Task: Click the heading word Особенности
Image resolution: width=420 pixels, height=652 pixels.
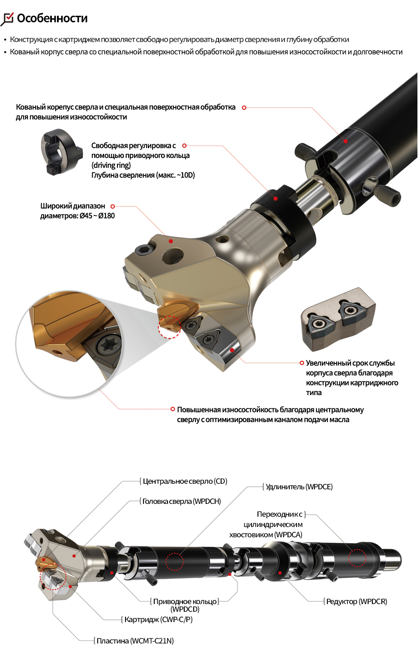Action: pos(52,18)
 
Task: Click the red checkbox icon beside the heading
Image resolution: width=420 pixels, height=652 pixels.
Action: pos(7,19)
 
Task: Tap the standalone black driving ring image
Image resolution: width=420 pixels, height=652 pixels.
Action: pos(60,152)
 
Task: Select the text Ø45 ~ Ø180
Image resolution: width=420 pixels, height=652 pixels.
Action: pos(97,216)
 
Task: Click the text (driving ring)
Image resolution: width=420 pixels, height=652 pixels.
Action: pos(111,165)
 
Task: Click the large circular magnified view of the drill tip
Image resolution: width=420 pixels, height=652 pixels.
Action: pos(69,344)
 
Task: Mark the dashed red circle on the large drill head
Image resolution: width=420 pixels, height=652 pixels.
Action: pos(170,327)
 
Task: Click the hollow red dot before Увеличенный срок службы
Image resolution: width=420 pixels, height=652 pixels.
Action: pos(302,363)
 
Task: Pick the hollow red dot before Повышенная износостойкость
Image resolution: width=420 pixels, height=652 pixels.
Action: pos(173,409)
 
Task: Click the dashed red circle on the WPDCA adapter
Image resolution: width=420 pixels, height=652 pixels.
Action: pos(357,558)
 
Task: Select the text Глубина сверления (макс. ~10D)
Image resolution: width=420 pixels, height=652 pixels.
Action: pos(143,175)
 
